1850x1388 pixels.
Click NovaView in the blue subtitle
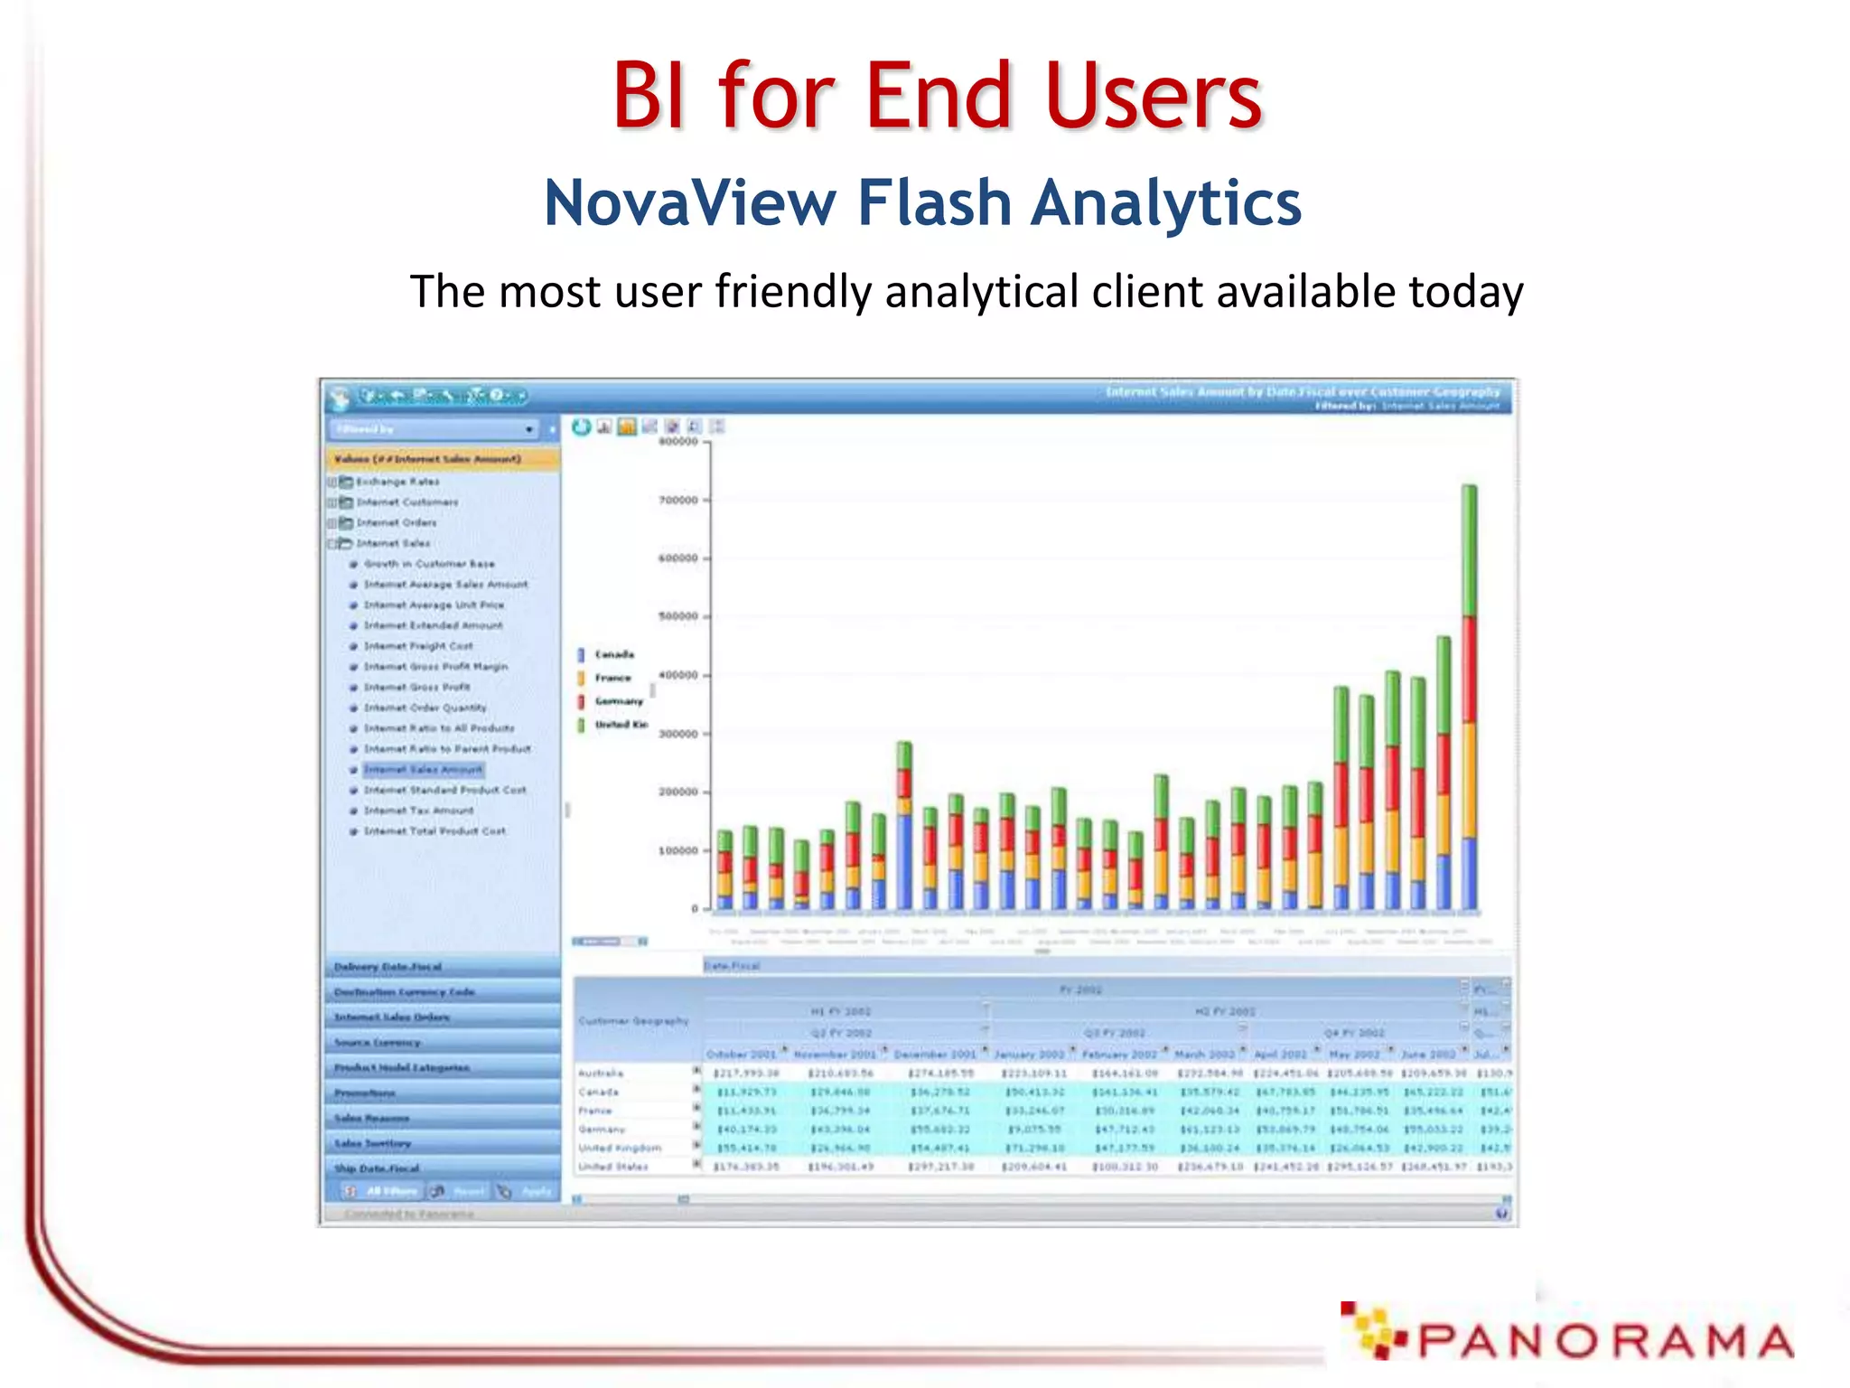click(690, 202)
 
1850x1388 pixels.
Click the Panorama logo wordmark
click(1603, 1341)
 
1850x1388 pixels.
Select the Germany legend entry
click(618, 701)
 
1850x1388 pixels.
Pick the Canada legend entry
click(613, 654)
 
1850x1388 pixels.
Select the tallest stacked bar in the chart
click(1469, 696)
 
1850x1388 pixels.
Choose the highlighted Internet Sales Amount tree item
click(423, 770)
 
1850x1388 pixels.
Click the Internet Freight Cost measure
click(418, 646)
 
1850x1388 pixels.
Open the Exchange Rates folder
click(397, 482)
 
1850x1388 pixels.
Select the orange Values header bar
click(442, 459)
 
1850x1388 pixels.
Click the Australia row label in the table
click(601, 1073)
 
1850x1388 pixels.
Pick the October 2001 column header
click(741, 1054)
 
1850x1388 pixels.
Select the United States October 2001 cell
click(746, 1167)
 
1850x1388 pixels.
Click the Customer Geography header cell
click(634, 1021)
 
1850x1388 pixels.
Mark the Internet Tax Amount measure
click(418, 811)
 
